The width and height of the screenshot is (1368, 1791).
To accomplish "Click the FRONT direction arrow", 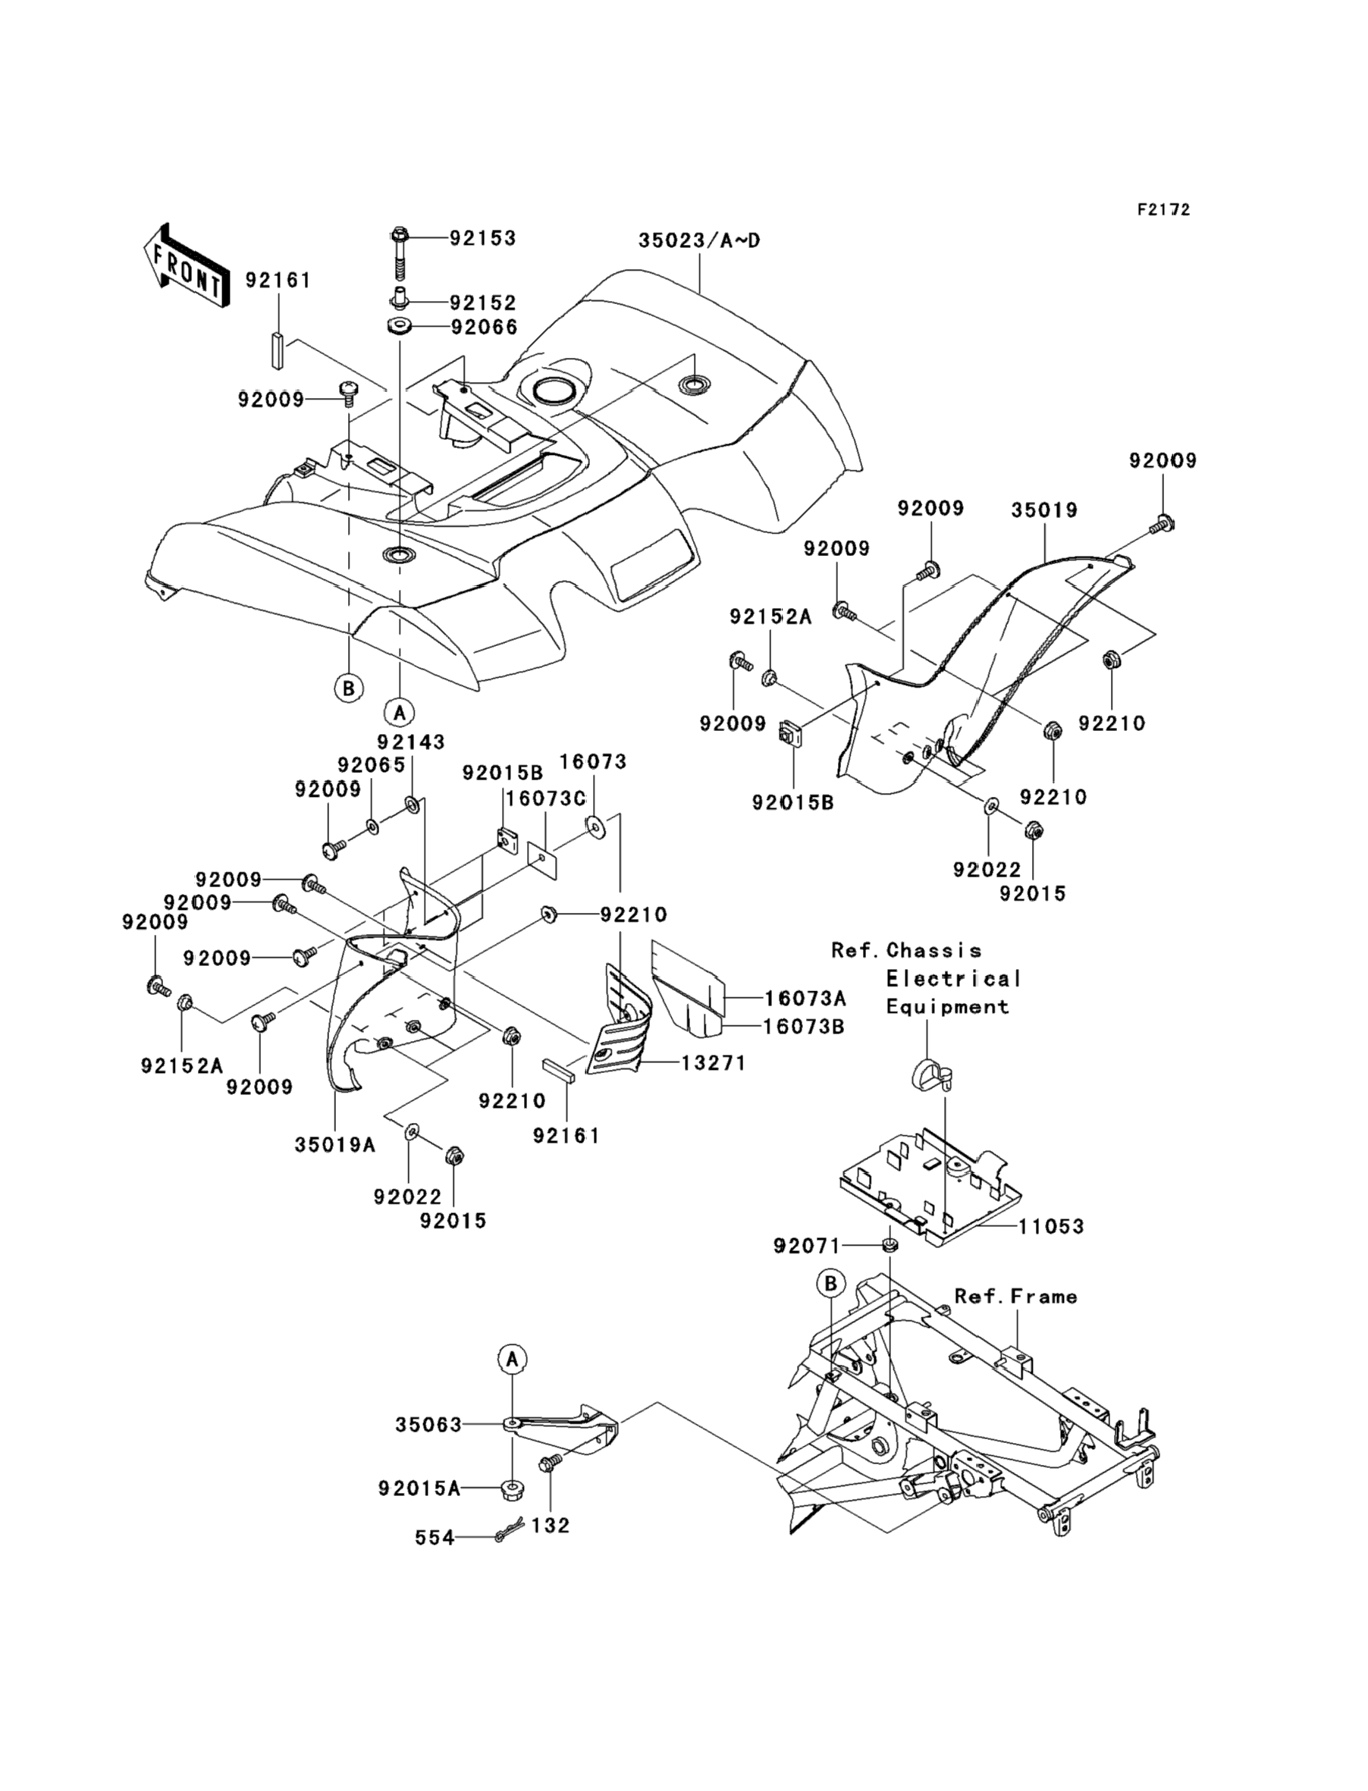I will [x=186, y=266].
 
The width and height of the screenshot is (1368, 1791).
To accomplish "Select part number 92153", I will [x=483, y=239].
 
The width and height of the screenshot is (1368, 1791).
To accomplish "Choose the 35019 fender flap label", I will [x=1044, y=510].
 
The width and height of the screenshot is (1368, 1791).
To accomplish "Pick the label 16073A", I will [x=805, y=998].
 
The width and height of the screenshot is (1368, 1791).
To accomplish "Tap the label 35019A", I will [x=334, y=1145].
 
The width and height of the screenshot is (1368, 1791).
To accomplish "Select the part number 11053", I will [x=1051, y=1226].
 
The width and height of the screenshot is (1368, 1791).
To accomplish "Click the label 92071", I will [x=806, y=1246].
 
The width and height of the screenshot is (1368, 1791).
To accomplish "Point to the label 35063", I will [x=428, y=1425].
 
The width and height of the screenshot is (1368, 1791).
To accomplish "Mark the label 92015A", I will [x=419, y=1489].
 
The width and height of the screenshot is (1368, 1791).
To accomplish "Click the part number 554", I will [x=435, y=1538].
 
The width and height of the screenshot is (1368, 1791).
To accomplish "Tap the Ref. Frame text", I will [x=1015, y=1297].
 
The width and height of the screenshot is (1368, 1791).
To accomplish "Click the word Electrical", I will [x=953, y=979].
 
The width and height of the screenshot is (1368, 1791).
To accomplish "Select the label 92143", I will [x=410, y=742].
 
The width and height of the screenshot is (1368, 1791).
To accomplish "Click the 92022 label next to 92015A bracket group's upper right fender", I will [x=987, y=870].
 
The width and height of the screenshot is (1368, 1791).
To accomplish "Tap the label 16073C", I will [x=545, y=798].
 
